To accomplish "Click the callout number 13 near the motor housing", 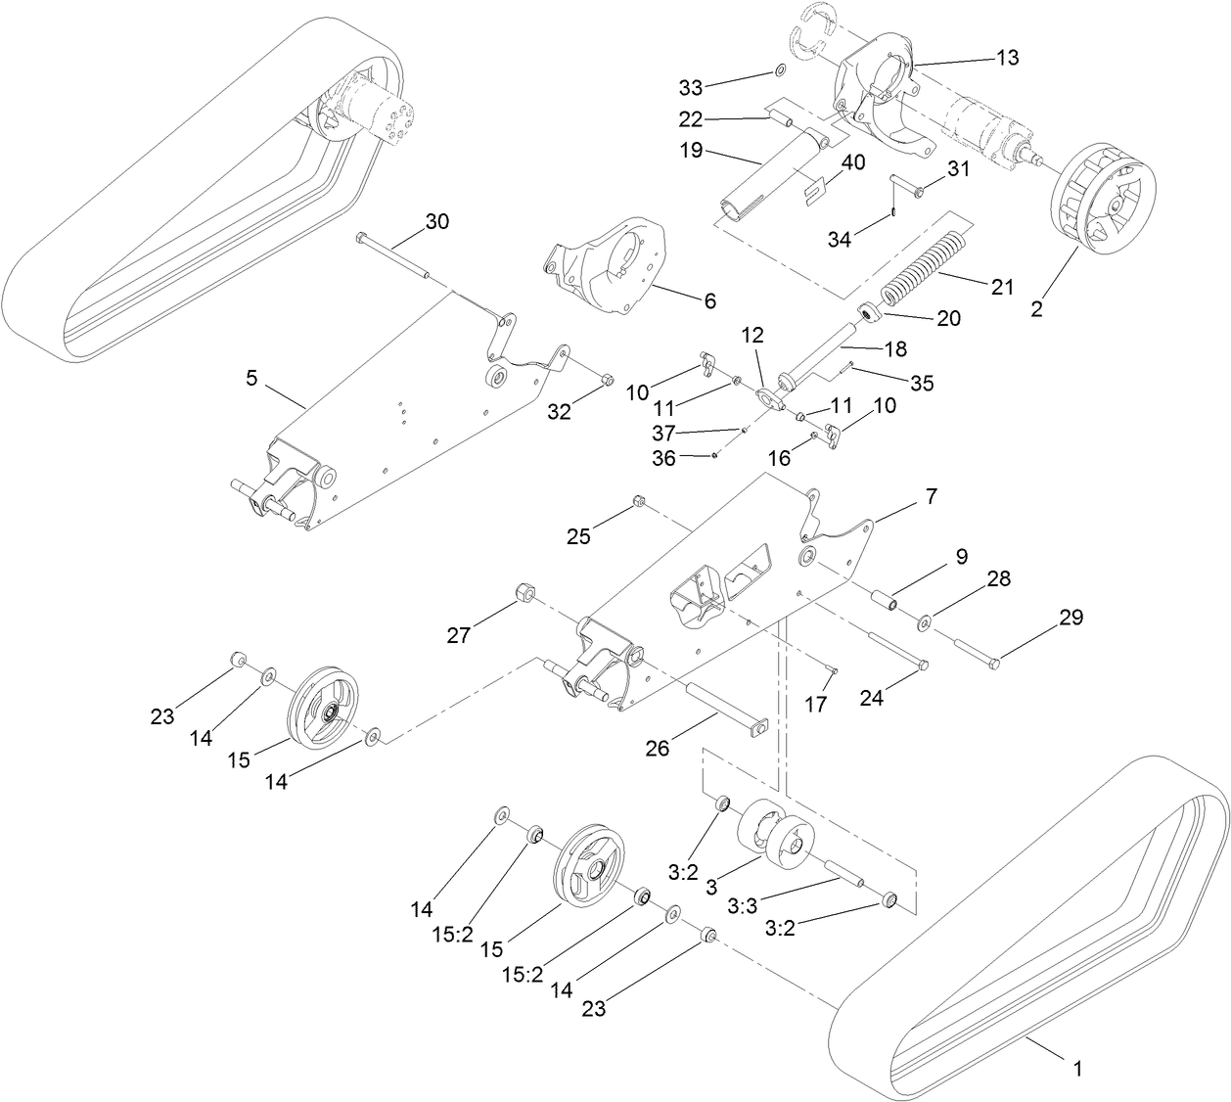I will (x=1007, y=58).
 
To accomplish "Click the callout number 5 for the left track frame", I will (x=252, y=378).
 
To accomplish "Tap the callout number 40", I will (x=853, y=163).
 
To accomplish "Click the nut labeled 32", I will (x=604, y=381).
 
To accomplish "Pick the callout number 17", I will (x=816, y=704).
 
